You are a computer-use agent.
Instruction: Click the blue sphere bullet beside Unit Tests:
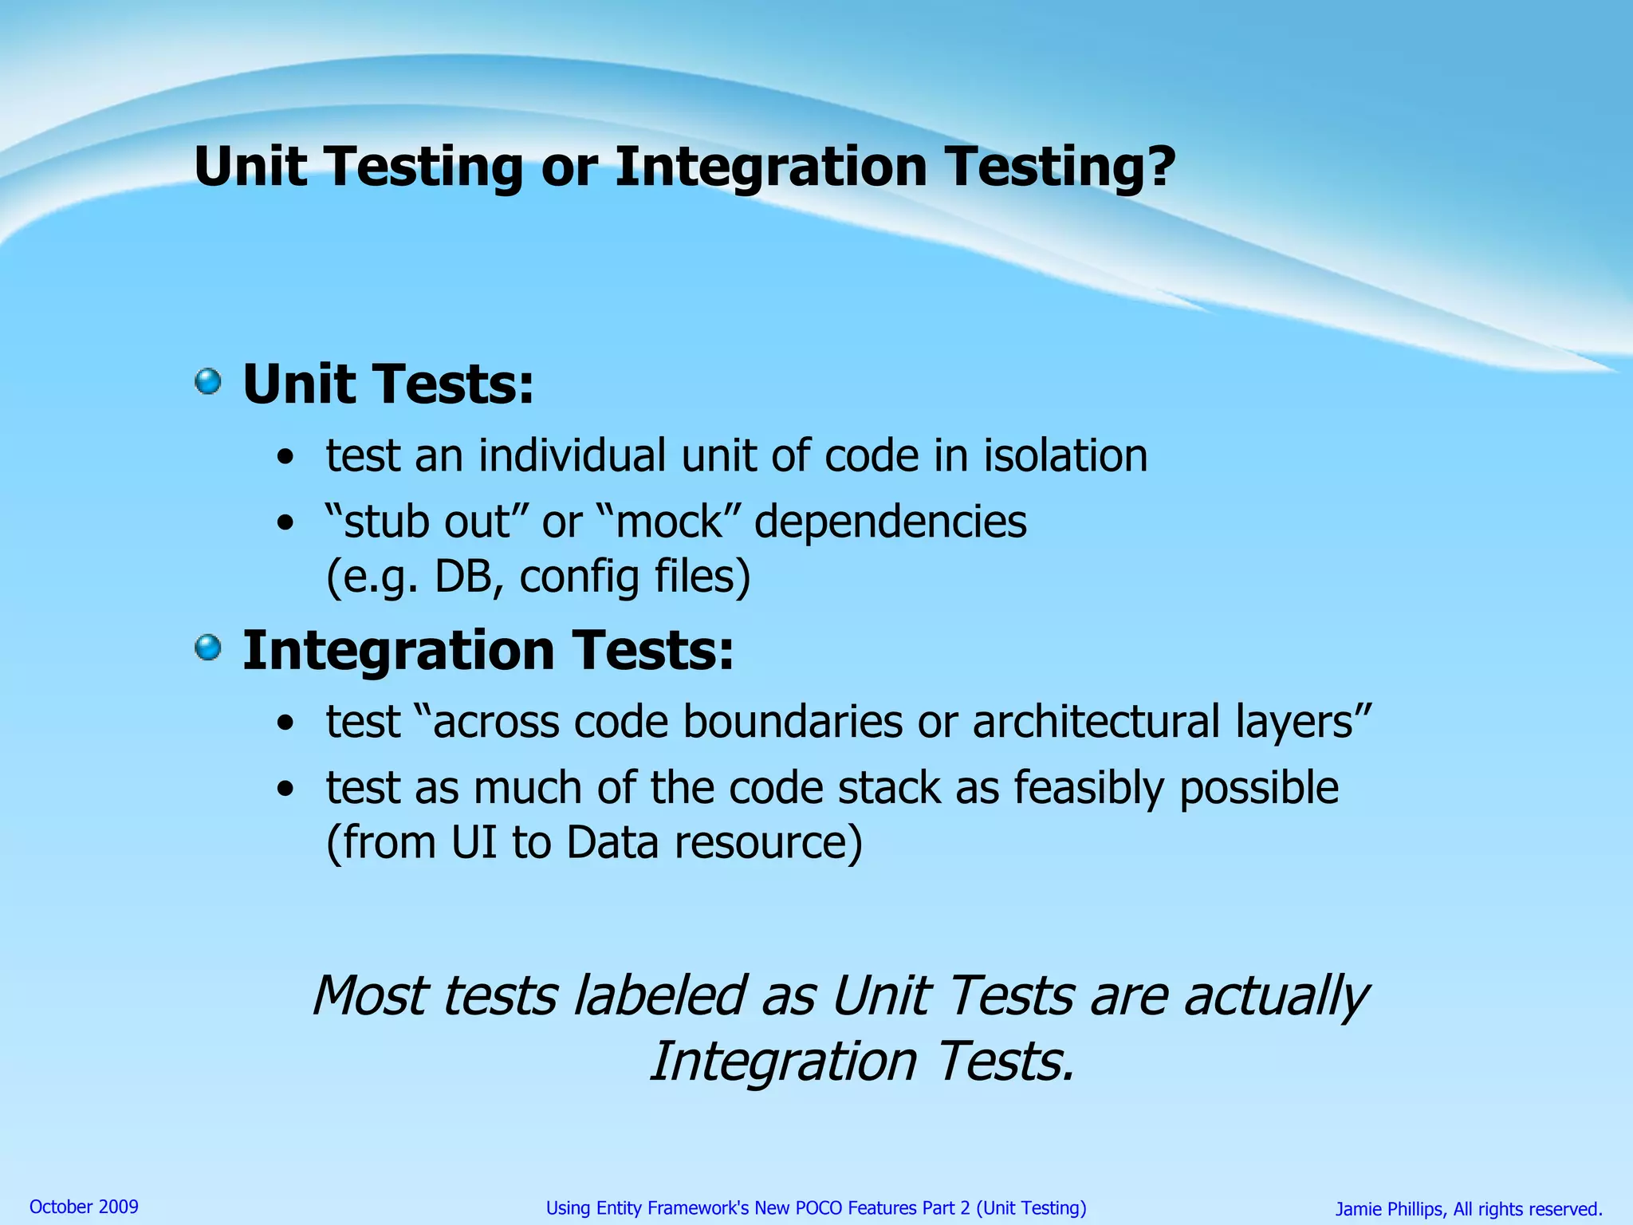208,381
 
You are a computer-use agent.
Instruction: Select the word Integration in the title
770,167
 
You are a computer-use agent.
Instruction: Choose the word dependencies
890,522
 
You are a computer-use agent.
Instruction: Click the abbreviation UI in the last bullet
475,843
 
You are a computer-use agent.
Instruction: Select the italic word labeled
659,997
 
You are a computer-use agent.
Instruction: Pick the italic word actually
1276,997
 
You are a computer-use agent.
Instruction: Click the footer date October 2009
84,1207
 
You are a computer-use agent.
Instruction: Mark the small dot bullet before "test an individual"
285,459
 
